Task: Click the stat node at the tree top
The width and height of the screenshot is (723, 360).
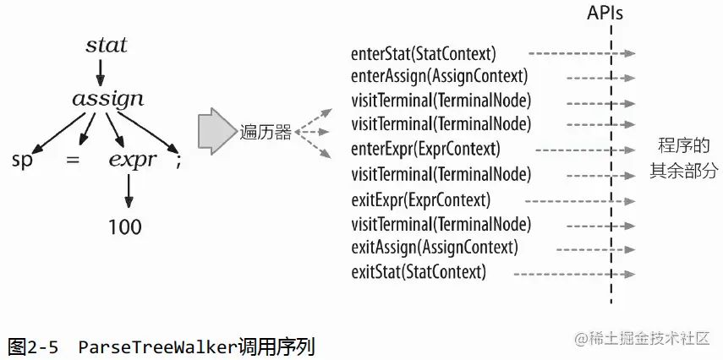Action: pos(107,44)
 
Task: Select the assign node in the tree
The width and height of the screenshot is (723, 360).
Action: pos(107,99)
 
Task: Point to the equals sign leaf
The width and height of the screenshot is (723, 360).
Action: pos(73,158)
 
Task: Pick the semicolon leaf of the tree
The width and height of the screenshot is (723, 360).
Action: pos(178,158)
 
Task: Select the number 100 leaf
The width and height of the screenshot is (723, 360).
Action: pos(125,226)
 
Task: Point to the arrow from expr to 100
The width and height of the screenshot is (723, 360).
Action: pos(129,192)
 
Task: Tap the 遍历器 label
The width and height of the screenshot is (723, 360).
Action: pos(266,132)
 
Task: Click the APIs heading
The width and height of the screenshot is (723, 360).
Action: pos(606,14)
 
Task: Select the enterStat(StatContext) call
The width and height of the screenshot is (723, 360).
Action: pos(423,53)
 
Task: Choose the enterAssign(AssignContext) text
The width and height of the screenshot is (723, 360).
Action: pos(439,76)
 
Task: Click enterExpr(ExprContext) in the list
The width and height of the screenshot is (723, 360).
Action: pos(425,150)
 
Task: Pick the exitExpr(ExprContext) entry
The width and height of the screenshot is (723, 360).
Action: pos(420,201)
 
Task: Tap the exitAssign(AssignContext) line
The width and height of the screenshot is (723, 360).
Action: pos(434,248)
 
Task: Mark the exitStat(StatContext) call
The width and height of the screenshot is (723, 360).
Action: pos(418,272)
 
